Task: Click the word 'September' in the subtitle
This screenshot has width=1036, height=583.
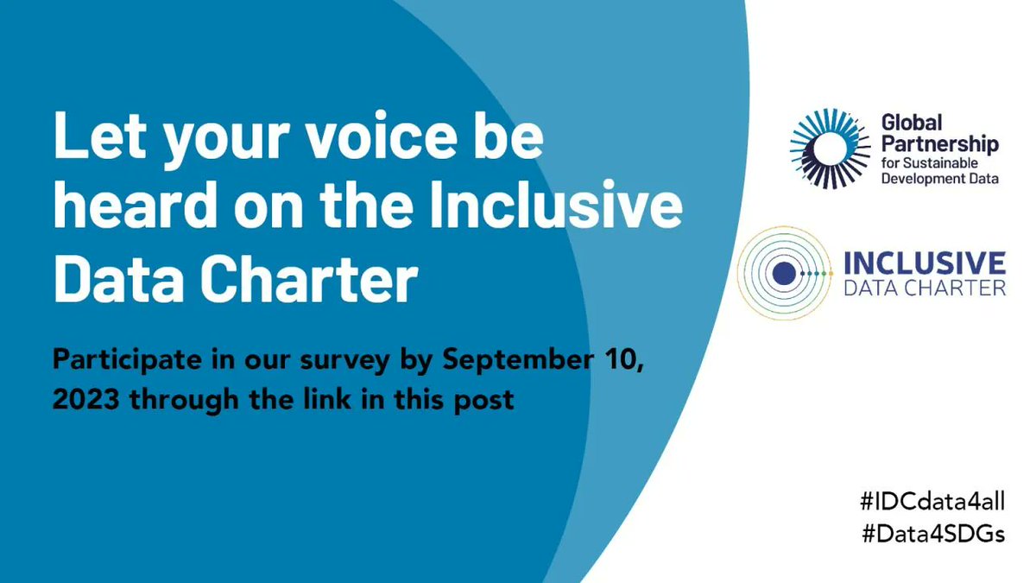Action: tap(517, 360)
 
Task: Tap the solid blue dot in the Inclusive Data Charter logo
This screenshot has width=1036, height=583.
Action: tap(784, 273)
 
